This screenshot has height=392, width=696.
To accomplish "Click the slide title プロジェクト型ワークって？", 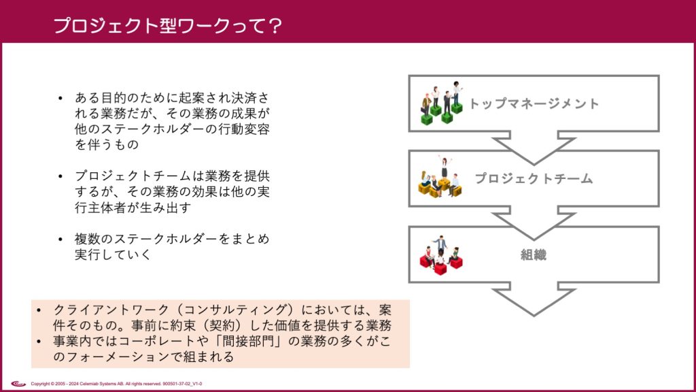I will click(167, 25).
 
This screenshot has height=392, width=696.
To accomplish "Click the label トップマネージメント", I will click(534, 104).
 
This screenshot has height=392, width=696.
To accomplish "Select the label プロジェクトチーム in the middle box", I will click(534, 179).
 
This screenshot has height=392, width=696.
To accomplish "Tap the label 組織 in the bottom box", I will click(534, 255).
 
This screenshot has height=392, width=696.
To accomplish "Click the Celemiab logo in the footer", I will click(18, 384).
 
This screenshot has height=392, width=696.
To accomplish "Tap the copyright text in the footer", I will click(116, 384).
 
